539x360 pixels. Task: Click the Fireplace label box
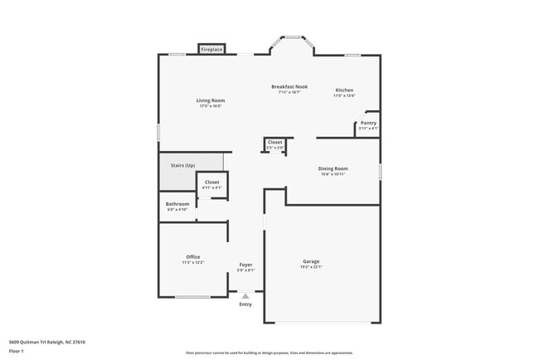point(211,50)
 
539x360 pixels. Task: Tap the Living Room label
point(211,100)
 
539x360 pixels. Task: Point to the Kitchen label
point(344,90)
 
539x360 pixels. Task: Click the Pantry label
point(368,123)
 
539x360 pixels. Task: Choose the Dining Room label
point(333,168)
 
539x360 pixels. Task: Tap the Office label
point(193,256)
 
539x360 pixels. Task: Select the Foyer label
point(245,265)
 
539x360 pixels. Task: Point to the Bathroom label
point(177,204)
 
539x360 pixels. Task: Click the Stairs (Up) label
point(182,165)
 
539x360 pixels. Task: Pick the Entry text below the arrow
point(245,304)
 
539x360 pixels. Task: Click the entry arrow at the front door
point(245,295)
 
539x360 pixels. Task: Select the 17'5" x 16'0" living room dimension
point(211,106)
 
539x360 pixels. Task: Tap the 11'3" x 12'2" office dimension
point(193,262)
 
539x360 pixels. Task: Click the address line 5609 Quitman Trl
point(47,342)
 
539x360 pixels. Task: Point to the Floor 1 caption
point(17,351)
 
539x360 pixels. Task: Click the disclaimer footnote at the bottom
point(269,353)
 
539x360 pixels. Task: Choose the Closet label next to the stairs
point(211,182)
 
